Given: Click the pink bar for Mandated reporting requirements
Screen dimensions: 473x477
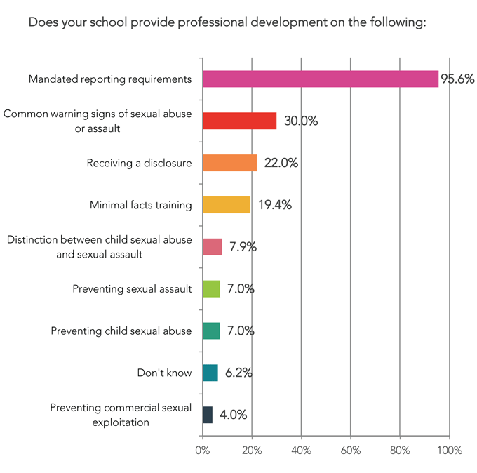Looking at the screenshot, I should [x=320, y=79].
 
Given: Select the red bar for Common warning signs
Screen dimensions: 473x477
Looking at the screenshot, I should [x=239, y=121].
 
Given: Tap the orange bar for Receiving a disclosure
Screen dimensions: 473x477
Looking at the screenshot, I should [x=229, y=163].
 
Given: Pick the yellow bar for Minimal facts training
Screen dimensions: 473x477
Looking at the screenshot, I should [x=226, y=205].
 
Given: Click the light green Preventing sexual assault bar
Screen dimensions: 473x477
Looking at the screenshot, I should [x=210, y=288].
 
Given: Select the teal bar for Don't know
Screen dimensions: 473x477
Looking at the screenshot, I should [x=210, y=373].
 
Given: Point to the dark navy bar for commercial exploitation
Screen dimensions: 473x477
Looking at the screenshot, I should [x=207, y=415].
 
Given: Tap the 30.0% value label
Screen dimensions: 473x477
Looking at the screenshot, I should [x=300, y=121].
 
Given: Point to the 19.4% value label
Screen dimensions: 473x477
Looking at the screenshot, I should [x=274, y=206].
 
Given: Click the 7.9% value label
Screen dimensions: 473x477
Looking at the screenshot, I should [x=243, y=247].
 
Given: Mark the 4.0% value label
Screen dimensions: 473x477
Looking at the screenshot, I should [x=233, y=415].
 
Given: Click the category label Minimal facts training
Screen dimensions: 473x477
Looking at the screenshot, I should [x=140, y=205].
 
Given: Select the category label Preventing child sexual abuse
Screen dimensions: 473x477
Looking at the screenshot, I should [x=121, y=331].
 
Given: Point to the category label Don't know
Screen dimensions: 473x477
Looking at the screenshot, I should [x=164, y=373].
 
